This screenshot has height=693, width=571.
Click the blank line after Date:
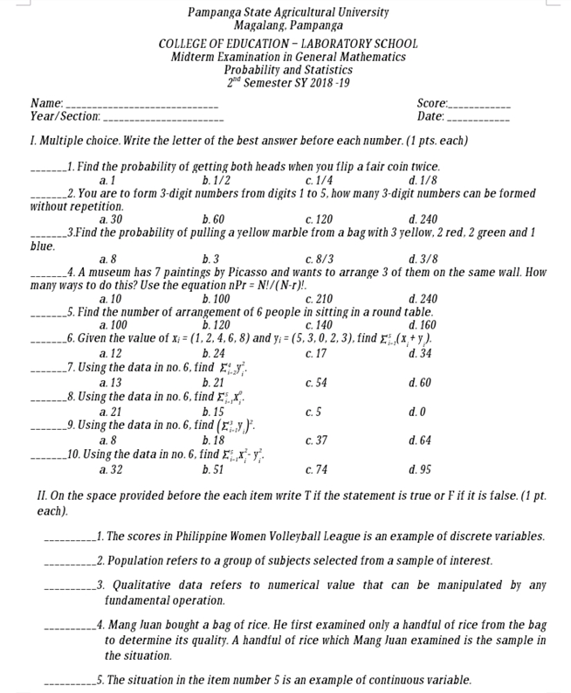click(x=478, y=115)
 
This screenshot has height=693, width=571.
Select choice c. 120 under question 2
click(x=320, y=219)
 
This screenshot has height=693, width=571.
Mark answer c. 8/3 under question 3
click(x=320, y=259)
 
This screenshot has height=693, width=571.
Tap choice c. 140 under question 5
click(x=320, y=324)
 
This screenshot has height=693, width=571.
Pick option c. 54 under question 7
click(x=317, y=382)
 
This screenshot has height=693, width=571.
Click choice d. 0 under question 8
click(x=416, y=411)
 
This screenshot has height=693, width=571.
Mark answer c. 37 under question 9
click(x=317, y=440)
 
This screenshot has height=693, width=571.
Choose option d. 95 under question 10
click(x=419, y=469)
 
